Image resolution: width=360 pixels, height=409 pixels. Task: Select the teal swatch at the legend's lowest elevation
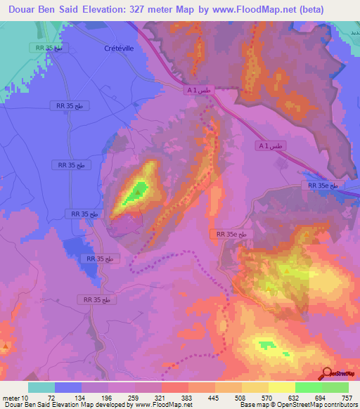tap(42, 388)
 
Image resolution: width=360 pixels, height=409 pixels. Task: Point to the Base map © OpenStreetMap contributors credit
tap(298, 404)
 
